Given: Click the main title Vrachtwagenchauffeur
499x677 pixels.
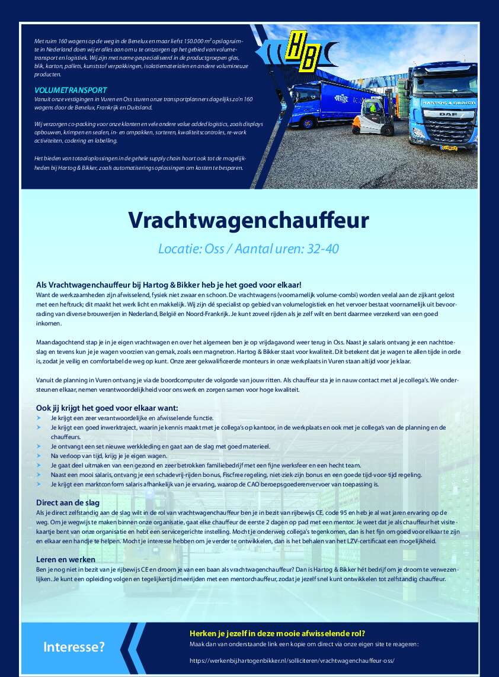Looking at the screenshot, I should pyautogui.click(x=249, y=220).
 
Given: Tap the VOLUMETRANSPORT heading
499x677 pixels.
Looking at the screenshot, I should pyautogui.click(x=71, y=90).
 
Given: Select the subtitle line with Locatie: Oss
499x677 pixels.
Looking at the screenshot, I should pyautogui.click(x=248, y=249).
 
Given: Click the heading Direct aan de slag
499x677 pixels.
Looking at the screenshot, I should pyautogui.click(x=68, y=502).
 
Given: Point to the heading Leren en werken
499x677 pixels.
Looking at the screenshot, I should pyautogui.click(x=66, y=559).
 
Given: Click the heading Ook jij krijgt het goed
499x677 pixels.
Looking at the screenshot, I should pyautogui.click(x=107, y=408).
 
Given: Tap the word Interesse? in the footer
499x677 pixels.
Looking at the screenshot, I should pyautogui.click(x=73, y=647).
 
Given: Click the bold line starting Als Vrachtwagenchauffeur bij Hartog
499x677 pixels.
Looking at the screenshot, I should pyautogui.click(x=169, y=285).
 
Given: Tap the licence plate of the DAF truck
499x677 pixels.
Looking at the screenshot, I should pyautogui.click(x=450, y=148).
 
